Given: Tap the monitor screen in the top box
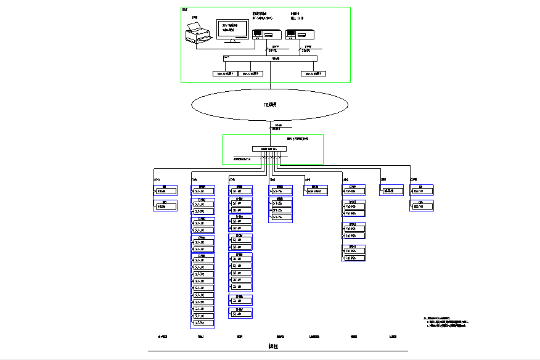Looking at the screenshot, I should click(232, 28).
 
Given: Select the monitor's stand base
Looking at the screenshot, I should click(232, 42).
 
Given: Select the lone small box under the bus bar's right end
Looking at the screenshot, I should click(313, 73).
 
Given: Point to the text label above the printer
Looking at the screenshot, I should click(195, 17).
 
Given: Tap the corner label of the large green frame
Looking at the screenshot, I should click(184, 10).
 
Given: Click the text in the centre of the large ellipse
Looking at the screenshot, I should click(270, 105).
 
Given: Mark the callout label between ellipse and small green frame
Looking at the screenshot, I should click(277, 127).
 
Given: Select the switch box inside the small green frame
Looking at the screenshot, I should click(269, 149).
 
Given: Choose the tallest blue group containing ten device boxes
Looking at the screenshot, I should click(203, 289).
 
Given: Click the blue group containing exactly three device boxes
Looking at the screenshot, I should click(280, 204).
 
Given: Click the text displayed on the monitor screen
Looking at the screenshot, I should click(229, 27).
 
